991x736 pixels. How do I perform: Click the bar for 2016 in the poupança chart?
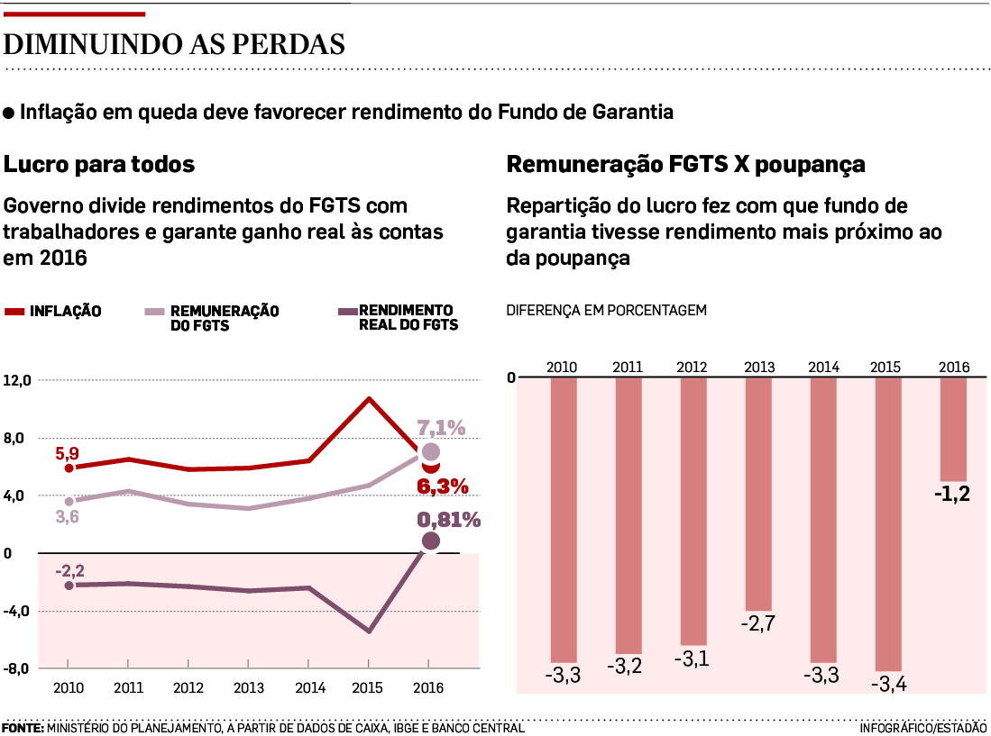pyautogui.click(x=953, y=429)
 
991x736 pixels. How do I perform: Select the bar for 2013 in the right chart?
pyautogui.click(x=758, y=494)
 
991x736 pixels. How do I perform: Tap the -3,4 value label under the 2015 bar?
pyautogui.click(x=888, y=684)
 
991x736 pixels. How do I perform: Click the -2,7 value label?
pyautogui.click(x=758, y=623)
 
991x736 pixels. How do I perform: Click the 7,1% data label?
pyautogui.click(x=441, y=428)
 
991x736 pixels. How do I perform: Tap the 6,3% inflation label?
pyautogui.click(x=443, y=486)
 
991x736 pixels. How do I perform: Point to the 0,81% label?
pyautogui.click(x=448, y=520)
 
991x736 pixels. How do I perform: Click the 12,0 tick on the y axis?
pyautogui.click(x=18, y=380)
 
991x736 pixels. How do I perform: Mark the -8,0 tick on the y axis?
pyautogui.click(x=18, y=668)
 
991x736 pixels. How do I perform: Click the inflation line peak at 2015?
pyautogui.click(x=369, y=398)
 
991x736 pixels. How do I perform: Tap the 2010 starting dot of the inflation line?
pyautogui.click(x=69, y=468)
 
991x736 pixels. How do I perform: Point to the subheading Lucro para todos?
pyautogui.click(x=99, y=165)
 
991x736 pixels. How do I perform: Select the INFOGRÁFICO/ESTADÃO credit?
pyautogui.click(x=922, y=727)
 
